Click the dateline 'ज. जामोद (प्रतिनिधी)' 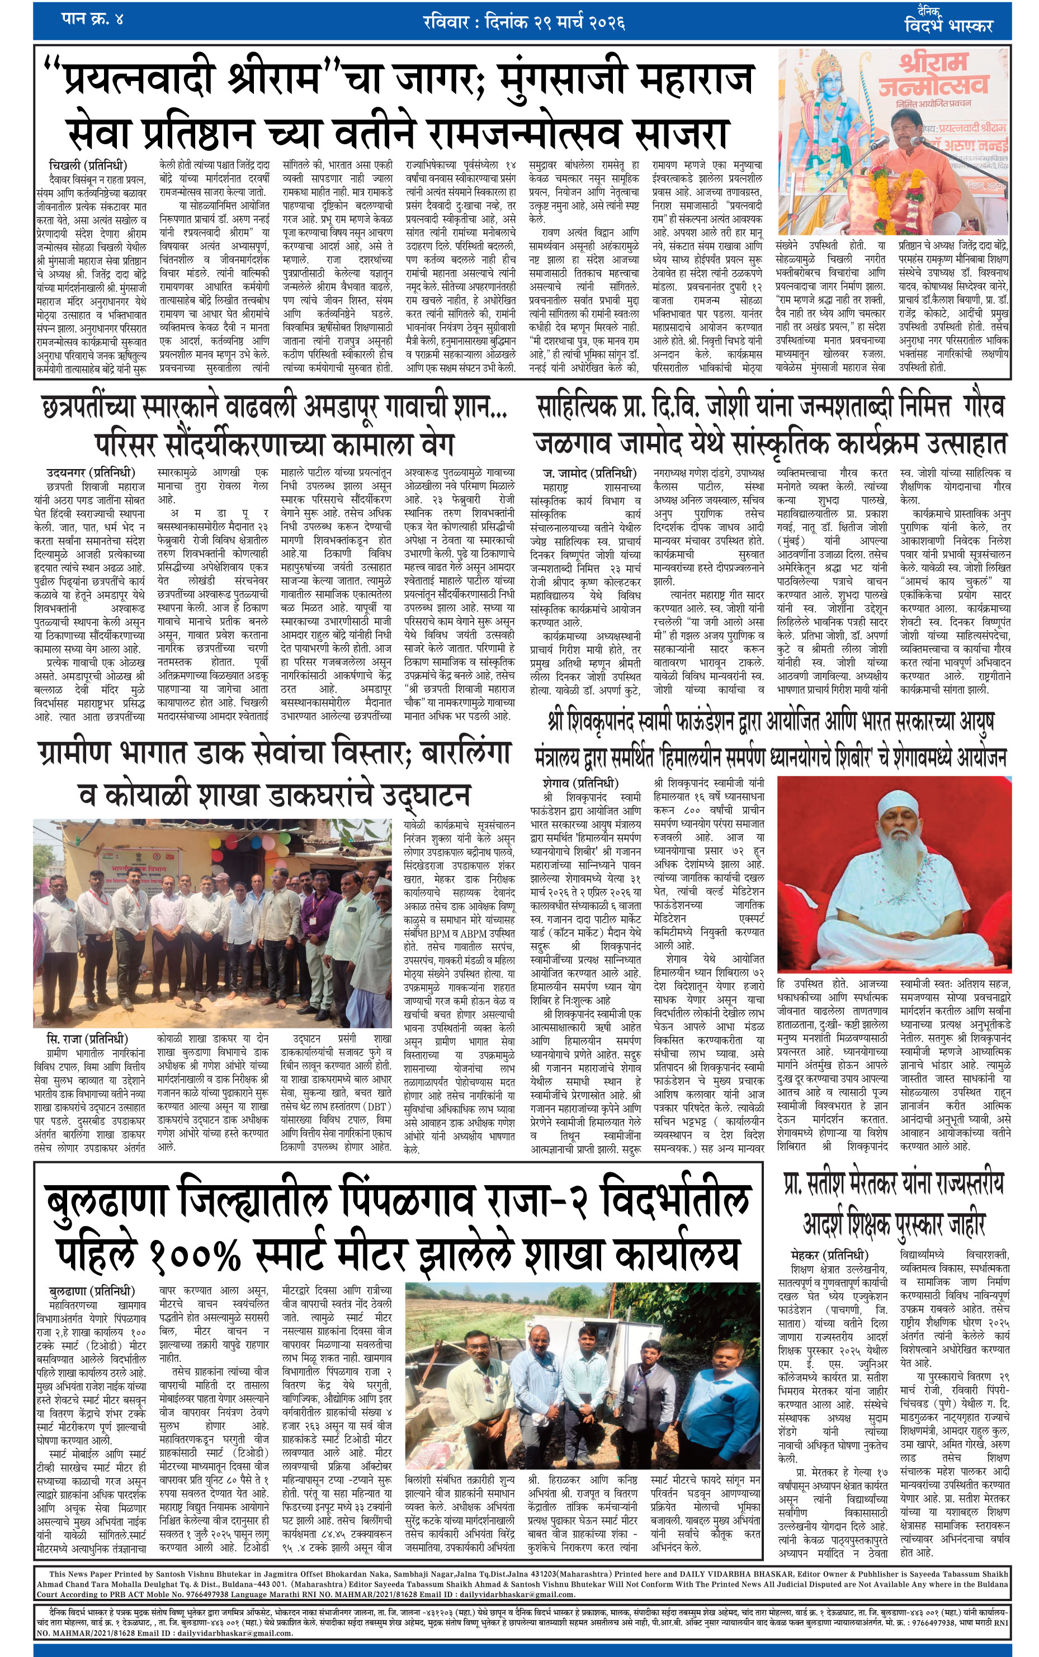point(589,474)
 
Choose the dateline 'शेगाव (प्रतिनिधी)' point(580,783)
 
